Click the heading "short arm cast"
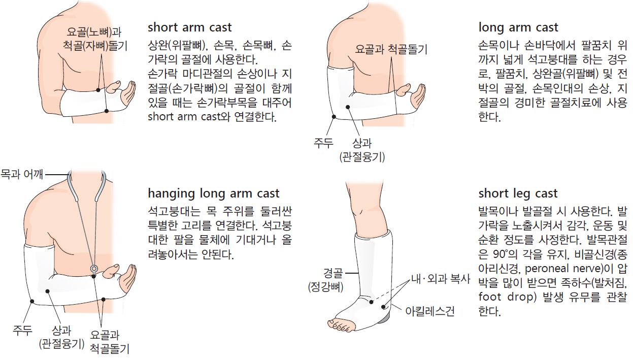[x=190, y=28]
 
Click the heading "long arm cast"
[x=518, y=28]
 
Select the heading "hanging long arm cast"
[x=214, y=194]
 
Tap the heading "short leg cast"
[x=518, y=194]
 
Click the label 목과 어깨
[x=22, y=174]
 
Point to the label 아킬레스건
[x=430, y=311]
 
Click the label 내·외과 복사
[x=441, y=279]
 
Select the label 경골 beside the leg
[x=333, y=273]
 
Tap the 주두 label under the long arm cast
[x=323, y=143]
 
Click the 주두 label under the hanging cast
[x=23, y=330]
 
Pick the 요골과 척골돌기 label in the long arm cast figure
[x=391, y=49]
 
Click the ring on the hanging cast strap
[x=94, y=268]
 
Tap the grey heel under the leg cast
[x=384, y=319]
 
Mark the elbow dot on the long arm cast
[x=334, y=117]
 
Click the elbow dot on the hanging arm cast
[x=32, y=302]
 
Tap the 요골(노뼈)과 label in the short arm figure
[x=94, y=32]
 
